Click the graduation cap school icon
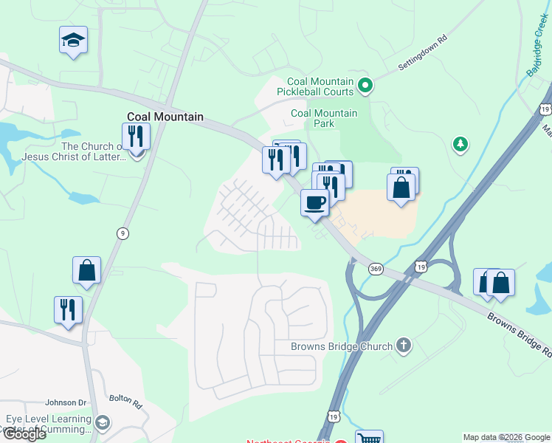[x=73, y=40]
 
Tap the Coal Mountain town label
[x=165, y=117]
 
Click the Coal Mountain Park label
[x=324, y=118]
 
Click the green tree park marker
[x=460, y=144]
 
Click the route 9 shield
[x=123, y=233]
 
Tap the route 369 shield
[x=376, y=269]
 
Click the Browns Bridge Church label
[x=341, y=346]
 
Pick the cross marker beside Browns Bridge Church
[x=403, y=345]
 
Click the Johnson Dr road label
[x=66, y=402]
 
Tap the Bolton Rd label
[x=125, y=402]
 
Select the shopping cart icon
[x=369, y=438]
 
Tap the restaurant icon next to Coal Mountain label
[x=136, y=136]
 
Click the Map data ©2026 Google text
[x=506, y=437]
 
